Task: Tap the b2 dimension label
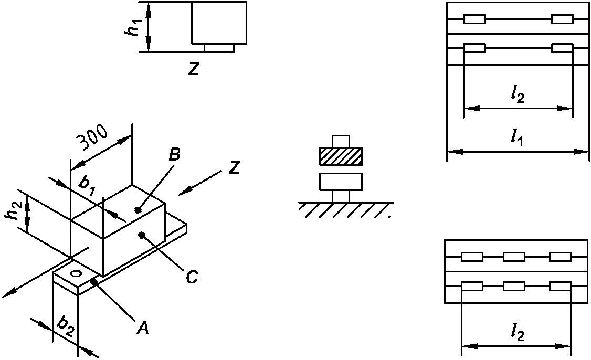[x=65, y=325]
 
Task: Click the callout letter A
[x=143, y=328]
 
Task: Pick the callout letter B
[x=175, y=155]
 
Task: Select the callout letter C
[x=192, y=277]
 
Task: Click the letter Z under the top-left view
[x=194, y=69]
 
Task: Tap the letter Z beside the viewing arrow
[x=234, y=167]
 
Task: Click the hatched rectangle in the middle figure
[x=341, y=156]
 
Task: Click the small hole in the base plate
[x=76, y=273]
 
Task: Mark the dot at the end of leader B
[x=138, y=210]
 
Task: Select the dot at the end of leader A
[x=94, y=283]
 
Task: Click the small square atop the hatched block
[x=341, y=141]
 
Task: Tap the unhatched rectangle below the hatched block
[x=341, y=182]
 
